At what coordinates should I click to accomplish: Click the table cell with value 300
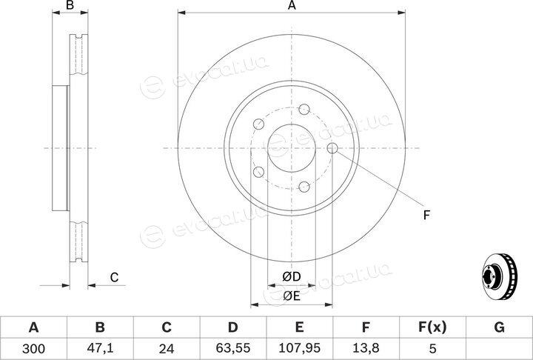point(33,348)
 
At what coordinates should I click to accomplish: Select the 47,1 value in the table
point(100,348)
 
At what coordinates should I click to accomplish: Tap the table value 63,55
point(233,348)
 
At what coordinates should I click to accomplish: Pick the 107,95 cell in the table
point(300,348)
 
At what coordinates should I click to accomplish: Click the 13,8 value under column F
point(366,348)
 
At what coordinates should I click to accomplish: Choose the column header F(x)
point(432,327)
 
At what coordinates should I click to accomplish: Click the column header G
point(499,327)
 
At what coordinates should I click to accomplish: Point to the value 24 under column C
point(167,348)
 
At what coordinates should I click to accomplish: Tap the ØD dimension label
point(292,276)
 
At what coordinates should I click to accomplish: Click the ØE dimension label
point(292,296)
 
